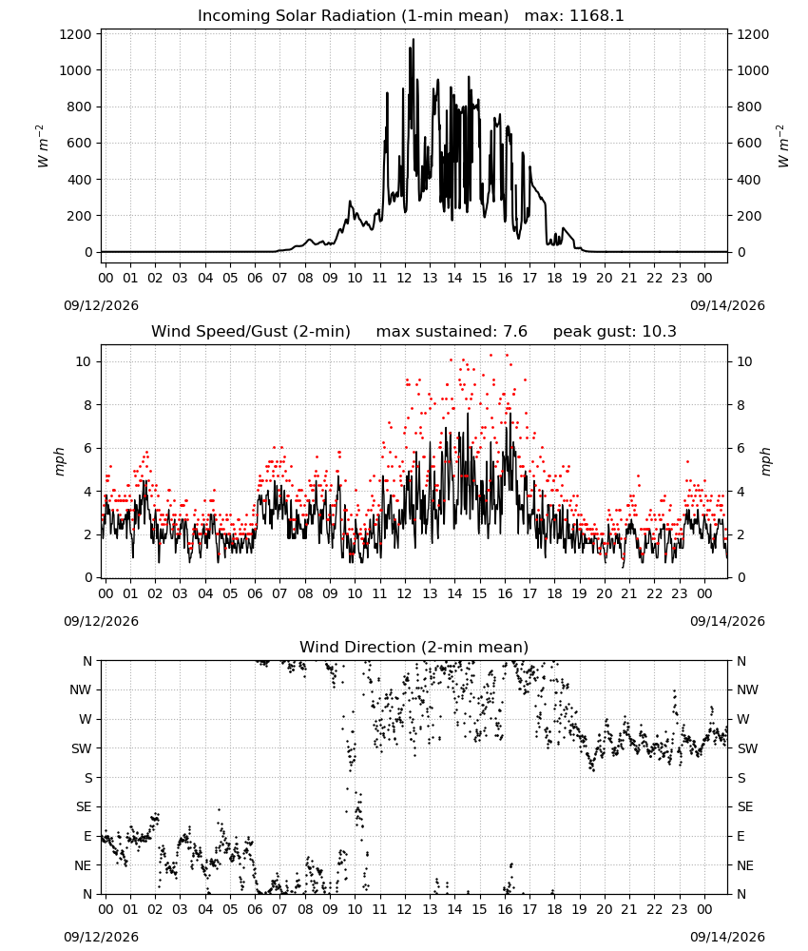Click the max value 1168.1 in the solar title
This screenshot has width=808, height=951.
tap(597, 16)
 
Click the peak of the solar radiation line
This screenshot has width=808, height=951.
tap(414, 39)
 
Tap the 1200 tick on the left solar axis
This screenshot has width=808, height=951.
tap(75, 34)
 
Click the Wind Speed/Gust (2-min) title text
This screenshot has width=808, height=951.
tap(250, 332)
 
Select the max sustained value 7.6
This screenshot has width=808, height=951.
tap(514, 332)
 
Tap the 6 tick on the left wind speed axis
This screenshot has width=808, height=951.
tap(87, 448)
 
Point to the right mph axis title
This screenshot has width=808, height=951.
tap(765, 461)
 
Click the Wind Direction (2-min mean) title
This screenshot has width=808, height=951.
tap(414, 647)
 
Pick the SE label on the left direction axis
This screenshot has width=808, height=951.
tap(84, 806)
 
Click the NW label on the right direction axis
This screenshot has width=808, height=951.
tap(747, 689)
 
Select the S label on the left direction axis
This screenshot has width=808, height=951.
tap(88, 778)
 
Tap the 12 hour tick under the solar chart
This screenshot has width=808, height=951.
tap(404, 278)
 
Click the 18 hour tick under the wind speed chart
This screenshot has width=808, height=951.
tap(554, 593)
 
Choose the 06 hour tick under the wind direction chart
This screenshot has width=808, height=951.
tap(255, 909)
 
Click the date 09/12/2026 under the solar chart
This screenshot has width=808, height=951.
tap(101, 305)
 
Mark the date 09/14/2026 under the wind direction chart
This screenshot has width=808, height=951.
tap(727, 937)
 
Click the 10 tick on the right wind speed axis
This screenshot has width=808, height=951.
tap(744, 361)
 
